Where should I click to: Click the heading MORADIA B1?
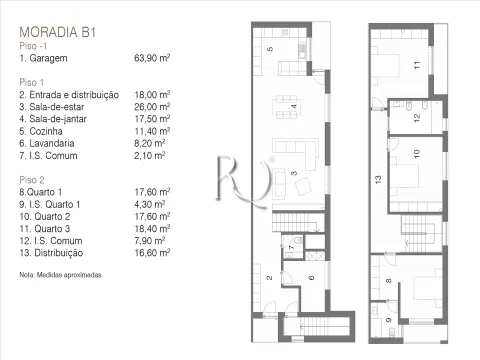[58, 32]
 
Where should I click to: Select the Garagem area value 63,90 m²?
[152, 58]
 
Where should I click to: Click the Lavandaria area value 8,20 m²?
[150, 143]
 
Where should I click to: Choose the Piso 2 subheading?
[32, 180]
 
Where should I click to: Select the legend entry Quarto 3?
[45, 229]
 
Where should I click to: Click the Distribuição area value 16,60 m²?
[152, 253]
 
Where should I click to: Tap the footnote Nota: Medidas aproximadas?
[61, 275]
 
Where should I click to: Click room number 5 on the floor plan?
[270, 49]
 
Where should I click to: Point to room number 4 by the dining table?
[294, 106]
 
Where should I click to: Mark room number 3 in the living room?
[294, 173]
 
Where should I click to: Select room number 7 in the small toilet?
[292, 247]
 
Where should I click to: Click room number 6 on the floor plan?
[311, 278]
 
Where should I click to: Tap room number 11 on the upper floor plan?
[417, 65]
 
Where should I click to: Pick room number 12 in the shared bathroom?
[417, 118]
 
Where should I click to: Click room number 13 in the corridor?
[378, 180]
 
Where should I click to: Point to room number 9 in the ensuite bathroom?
[389, 320]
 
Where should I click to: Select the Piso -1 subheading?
[33, 46]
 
